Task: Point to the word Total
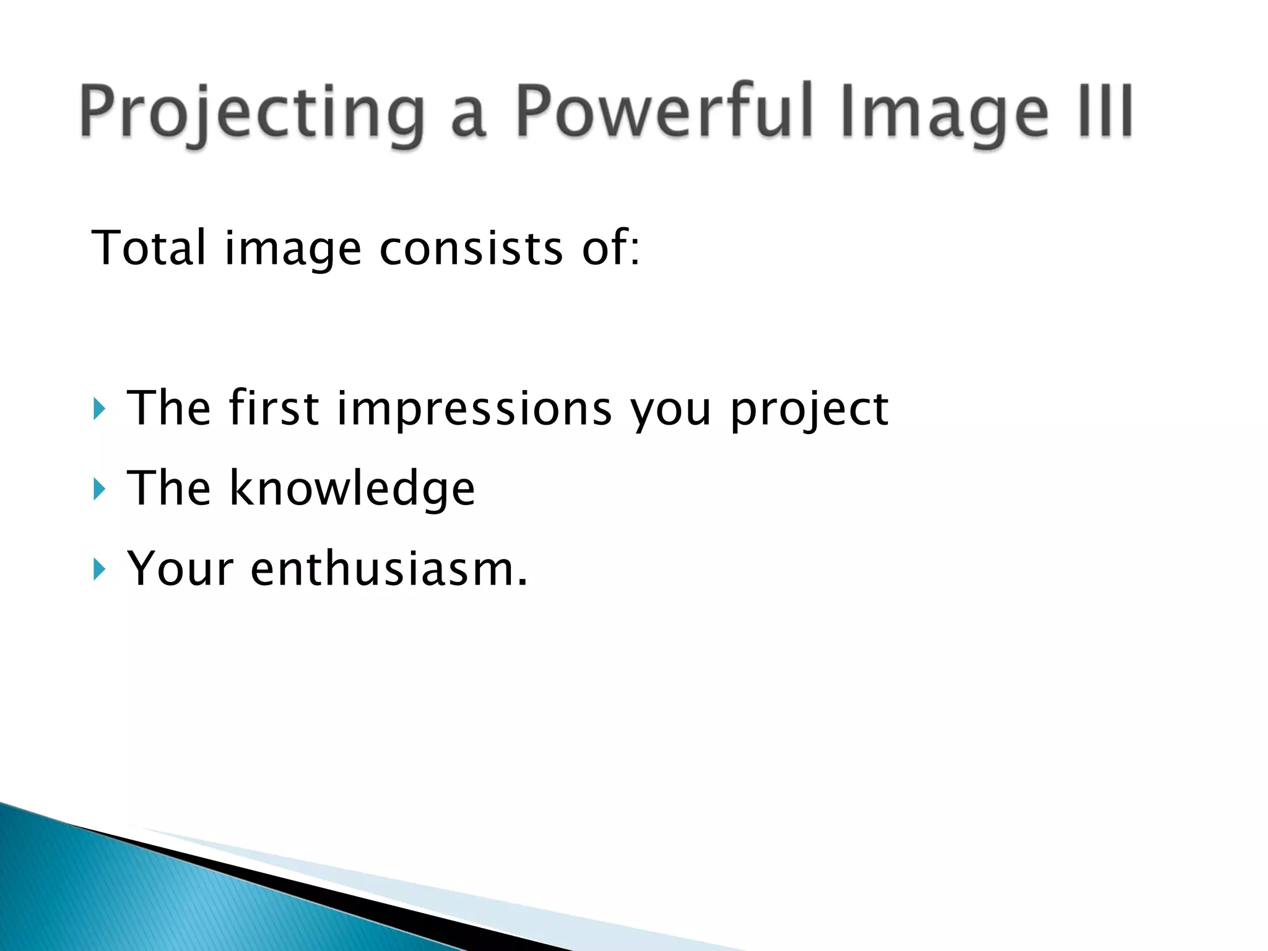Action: (149, 248)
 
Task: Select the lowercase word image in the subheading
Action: (292, 249)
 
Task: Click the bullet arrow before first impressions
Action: (99, 409)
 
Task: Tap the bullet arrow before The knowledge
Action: (99, 489)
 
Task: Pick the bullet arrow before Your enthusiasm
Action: (99, 569)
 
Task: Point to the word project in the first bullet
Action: (809, 410)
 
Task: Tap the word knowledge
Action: (352, 489)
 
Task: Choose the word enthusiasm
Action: (389, 568)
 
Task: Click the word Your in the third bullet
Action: (180, 568)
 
